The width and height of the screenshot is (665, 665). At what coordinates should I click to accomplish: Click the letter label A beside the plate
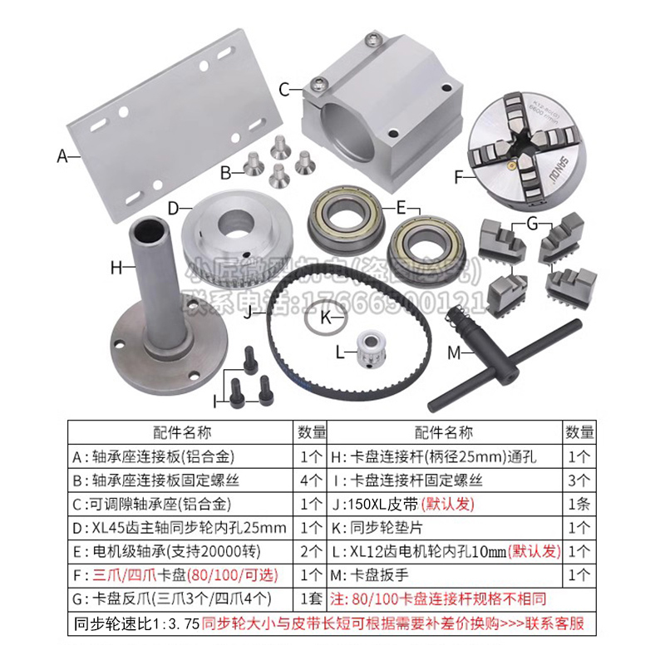coord(61,155)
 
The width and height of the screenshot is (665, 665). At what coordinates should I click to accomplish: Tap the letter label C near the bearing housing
coord(284,88)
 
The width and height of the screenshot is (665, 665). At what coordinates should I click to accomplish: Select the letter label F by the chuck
coord(459,176)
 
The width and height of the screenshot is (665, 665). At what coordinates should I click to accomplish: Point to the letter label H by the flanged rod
coord(116,267)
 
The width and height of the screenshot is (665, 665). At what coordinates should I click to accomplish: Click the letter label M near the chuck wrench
coord(454,352)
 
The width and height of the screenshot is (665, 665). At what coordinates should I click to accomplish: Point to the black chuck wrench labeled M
coord(499,349)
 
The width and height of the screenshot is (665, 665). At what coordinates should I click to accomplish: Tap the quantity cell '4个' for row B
coord(312,480)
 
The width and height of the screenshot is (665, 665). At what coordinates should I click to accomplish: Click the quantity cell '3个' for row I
coord(579,480)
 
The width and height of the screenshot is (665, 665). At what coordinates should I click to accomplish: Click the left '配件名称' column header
coord(182,433)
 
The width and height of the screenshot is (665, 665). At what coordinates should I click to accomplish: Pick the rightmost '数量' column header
coord(579,433)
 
